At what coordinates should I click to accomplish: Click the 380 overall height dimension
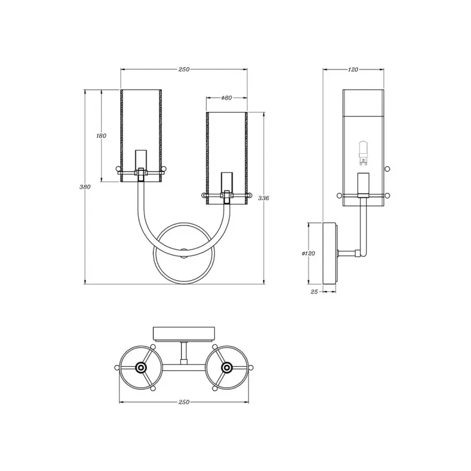coord(85,187)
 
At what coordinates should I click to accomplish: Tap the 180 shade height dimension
coord(101,136)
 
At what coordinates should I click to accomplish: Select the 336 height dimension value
coord(263,198)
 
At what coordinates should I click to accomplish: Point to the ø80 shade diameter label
coord(227,98)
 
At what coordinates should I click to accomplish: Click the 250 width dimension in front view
coord(184,69)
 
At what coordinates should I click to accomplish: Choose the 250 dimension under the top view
coord(184,402)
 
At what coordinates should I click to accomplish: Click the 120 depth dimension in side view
coord(353,69)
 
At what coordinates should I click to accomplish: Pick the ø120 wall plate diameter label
coord(309,254)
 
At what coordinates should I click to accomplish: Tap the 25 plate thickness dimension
coord(314,291)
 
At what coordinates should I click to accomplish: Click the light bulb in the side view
coord(363,153)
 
